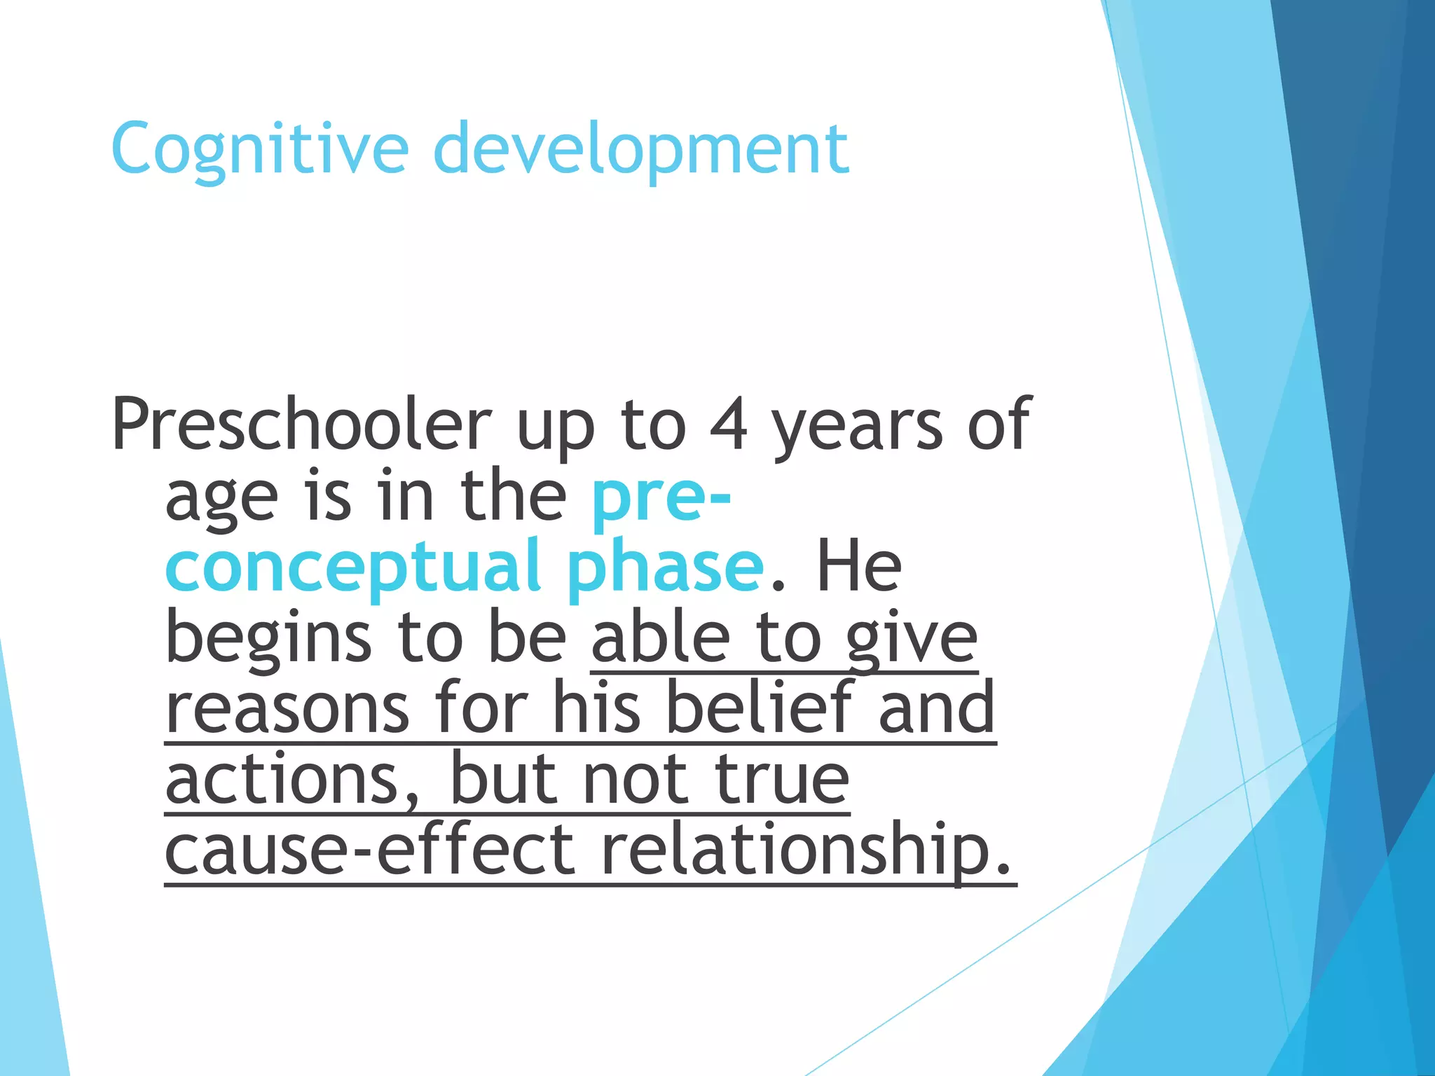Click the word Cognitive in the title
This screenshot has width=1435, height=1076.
[x=260, y=149]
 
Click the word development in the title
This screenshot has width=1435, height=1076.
[x=641, y=149]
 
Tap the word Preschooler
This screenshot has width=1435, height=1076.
[x=301, y=424]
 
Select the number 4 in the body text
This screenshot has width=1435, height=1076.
[x=729, y=424]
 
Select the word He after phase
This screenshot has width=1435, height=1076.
[x=859, y=566]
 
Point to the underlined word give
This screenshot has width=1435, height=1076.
[x=911, y=639]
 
